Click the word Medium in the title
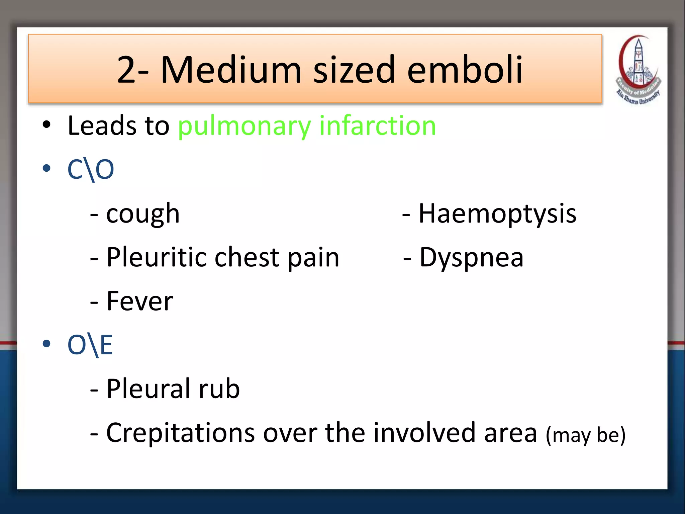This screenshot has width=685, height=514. pos(231,70)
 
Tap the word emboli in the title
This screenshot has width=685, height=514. pos(465,70)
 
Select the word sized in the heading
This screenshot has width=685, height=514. pos(354,70)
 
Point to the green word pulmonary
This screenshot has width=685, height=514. pos(244,126)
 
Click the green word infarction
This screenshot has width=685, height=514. pos(378,126)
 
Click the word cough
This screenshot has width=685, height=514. pos(143,214)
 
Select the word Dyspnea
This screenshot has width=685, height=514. pos(471,257)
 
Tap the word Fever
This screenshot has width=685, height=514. pos(140,301)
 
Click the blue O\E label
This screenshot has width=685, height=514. pos(90,345)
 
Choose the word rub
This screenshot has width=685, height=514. pos(219,389)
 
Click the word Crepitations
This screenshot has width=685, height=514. pos(180,433)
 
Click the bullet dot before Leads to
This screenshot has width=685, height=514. pos(46,125)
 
